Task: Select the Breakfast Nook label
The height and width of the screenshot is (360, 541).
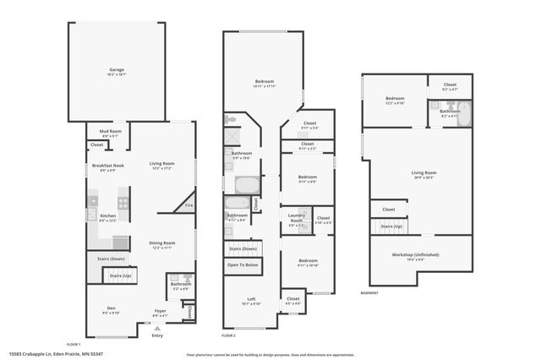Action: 108,165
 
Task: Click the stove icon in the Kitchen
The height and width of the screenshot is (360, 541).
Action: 123,203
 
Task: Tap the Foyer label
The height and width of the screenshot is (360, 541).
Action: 160,311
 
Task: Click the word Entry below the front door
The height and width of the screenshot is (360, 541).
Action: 156,335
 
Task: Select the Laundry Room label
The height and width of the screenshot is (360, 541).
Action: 296,216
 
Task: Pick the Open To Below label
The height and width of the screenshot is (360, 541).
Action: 243,265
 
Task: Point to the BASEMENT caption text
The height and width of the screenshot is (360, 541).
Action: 369,292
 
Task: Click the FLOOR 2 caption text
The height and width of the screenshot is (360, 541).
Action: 229,335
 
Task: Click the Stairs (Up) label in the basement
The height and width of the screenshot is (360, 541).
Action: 391,226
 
